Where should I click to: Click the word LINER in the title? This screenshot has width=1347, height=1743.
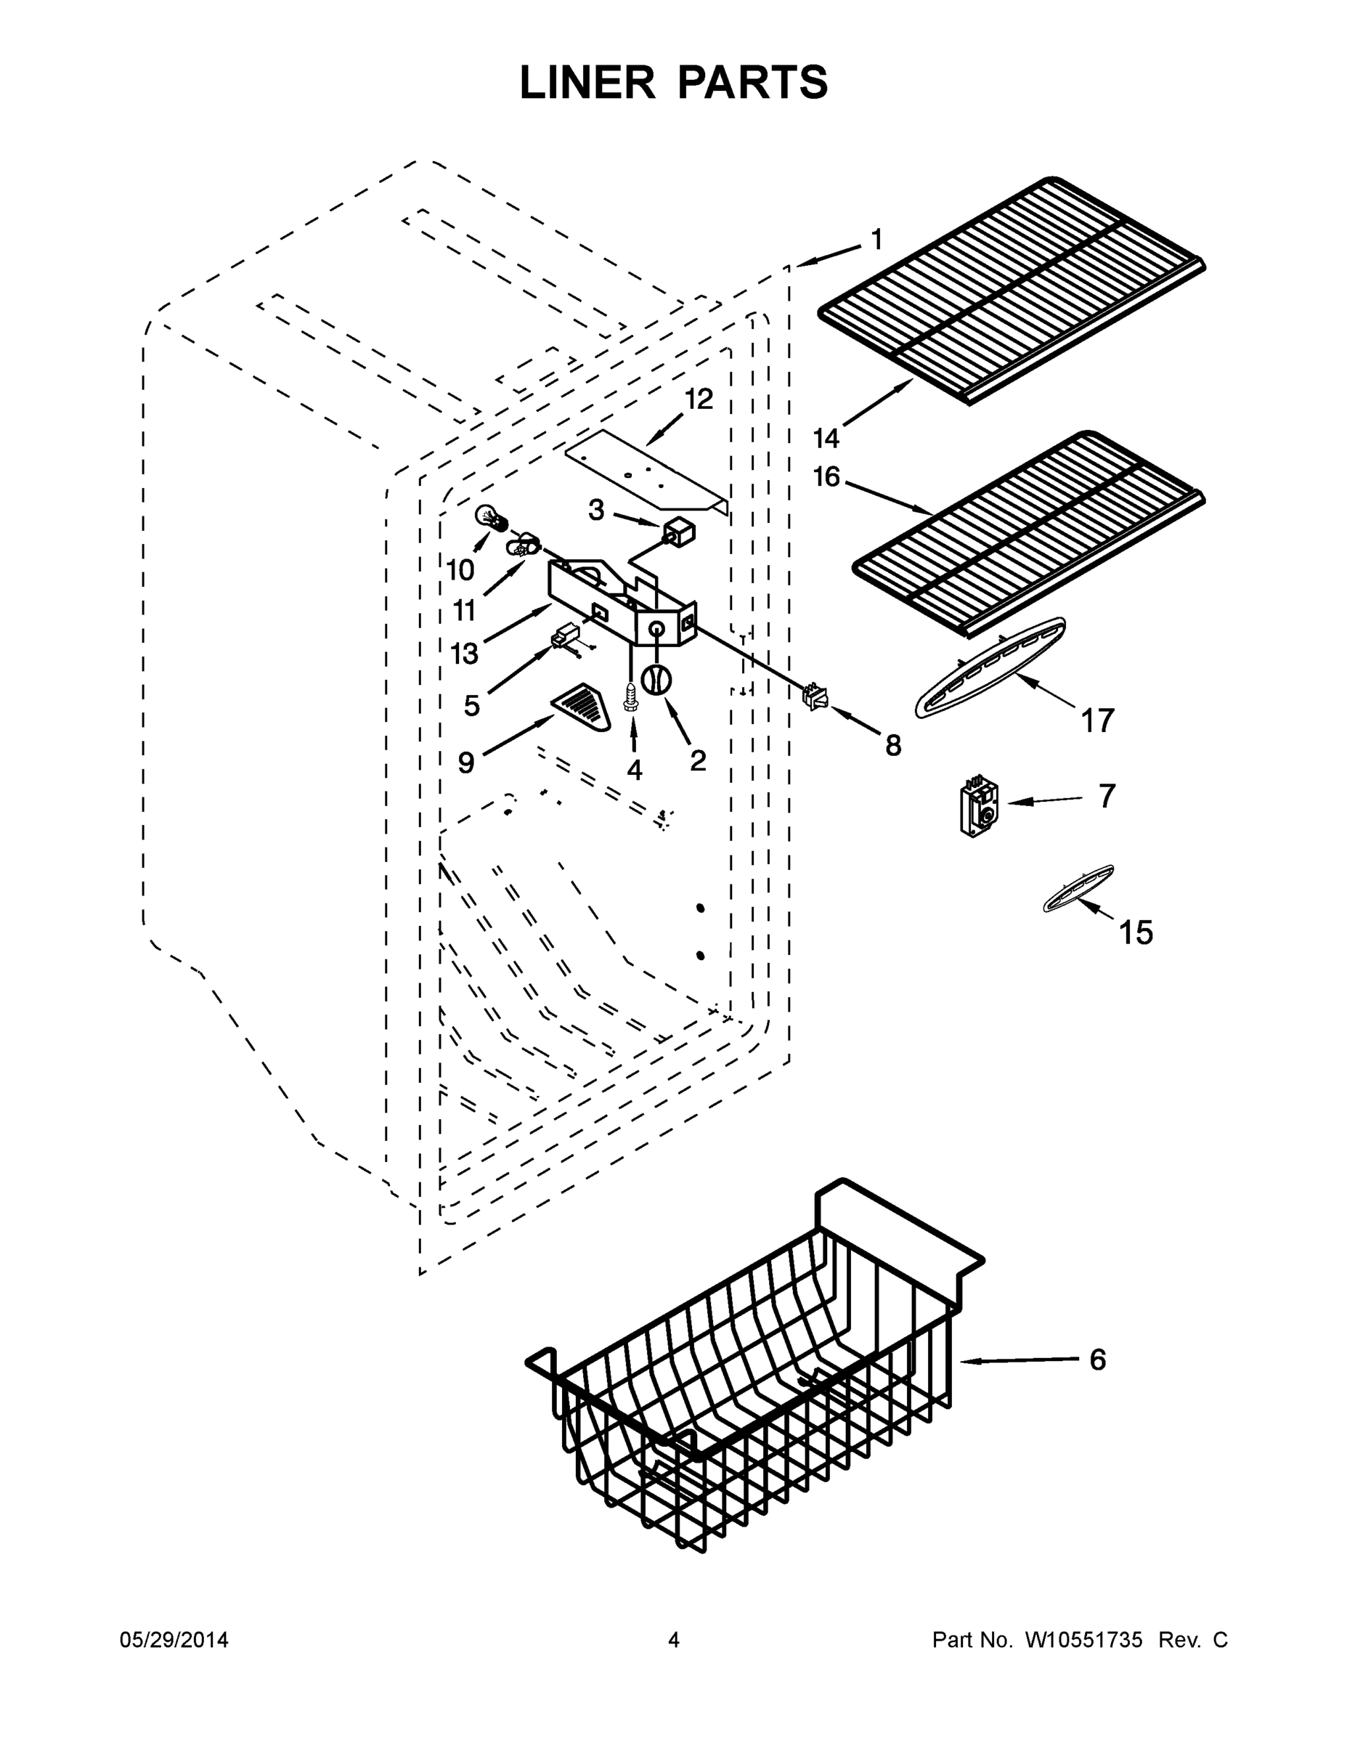coord(587,83)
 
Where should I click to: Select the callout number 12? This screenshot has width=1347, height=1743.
coord(699,399)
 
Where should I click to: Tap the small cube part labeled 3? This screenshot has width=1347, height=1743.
coord(679,533)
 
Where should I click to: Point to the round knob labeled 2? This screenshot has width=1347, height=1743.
coord(656,680)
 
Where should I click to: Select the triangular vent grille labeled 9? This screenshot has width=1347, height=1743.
coord(581,707)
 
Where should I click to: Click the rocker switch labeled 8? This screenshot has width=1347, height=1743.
coord(814,696)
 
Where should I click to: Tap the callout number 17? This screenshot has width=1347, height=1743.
coord(1097,720)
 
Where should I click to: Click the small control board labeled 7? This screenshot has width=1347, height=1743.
coord(979,808)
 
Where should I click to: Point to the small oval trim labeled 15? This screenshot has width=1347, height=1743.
coord(1078,887)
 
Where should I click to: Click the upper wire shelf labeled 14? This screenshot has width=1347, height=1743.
coord(1012,291)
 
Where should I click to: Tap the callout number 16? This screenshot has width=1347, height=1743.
coord(826,477)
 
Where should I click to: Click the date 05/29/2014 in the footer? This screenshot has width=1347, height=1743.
coord(174,1640)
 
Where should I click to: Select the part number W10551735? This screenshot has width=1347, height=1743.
coord(1083,1640)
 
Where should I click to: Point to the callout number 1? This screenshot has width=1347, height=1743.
coord(876,239)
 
